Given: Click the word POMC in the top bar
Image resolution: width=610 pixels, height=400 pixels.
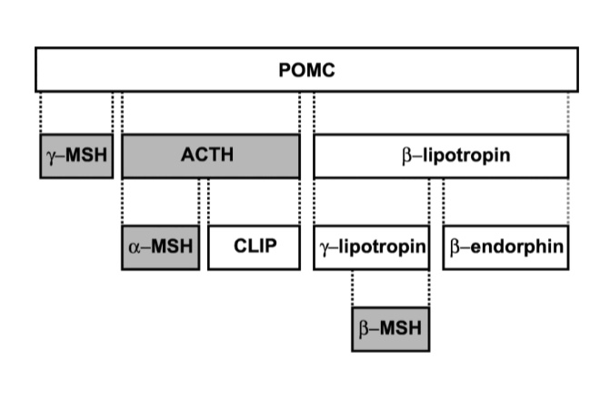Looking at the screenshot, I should coord(306,70).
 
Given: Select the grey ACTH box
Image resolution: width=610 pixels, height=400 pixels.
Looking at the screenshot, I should coord(210,155).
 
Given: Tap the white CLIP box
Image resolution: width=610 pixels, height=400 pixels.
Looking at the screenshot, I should coord(254,247).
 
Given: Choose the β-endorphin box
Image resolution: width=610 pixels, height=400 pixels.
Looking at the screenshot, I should coord(505,247).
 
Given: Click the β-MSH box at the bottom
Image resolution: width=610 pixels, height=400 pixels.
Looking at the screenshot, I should coord(390,327).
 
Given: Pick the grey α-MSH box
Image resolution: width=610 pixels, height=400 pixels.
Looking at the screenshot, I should coord(160,247).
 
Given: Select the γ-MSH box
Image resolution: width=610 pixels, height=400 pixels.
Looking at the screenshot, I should coord(76,155).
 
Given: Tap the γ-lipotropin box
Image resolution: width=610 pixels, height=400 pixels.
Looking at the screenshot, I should coord(371,247).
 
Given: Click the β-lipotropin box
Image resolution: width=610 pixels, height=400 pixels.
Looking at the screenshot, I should coord(441,155).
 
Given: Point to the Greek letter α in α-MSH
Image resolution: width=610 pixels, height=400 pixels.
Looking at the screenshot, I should coord(135,247).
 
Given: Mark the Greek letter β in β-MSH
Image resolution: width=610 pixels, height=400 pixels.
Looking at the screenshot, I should coord(365,327).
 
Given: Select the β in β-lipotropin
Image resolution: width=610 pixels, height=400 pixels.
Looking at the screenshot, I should coord(405,155).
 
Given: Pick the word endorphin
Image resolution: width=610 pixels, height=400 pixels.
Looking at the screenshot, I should coord(515,247).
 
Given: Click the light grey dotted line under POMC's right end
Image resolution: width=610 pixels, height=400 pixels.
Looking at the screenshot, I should coord(568,112).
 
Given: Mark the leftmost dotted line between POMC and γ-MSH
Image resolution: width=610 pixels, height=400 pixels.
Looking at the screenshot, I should coord(41,112).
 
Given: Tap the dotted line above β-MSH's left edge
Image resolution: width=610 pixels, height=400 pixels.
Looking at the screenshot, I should coord(353,288).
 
